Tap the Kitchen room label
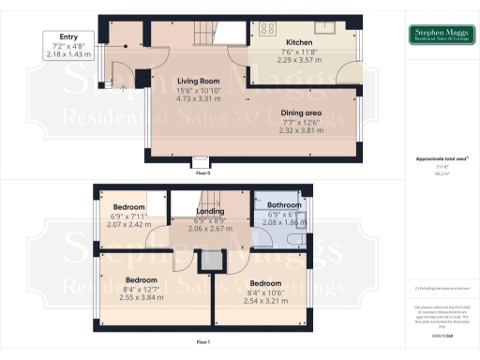click(299, 43)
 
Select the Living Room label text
click(199, 82)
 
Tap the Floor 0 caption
click(202, 173)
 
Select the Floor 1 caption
click(202, 343)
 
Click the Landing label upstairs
click(210, 212)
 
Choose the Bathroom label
click(284, 204)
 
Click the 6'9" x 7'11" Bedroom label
click(128, 206)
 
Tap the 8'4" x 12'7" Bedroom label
click(141, 279)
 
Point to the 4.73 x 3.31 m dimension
click(199, 98)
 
